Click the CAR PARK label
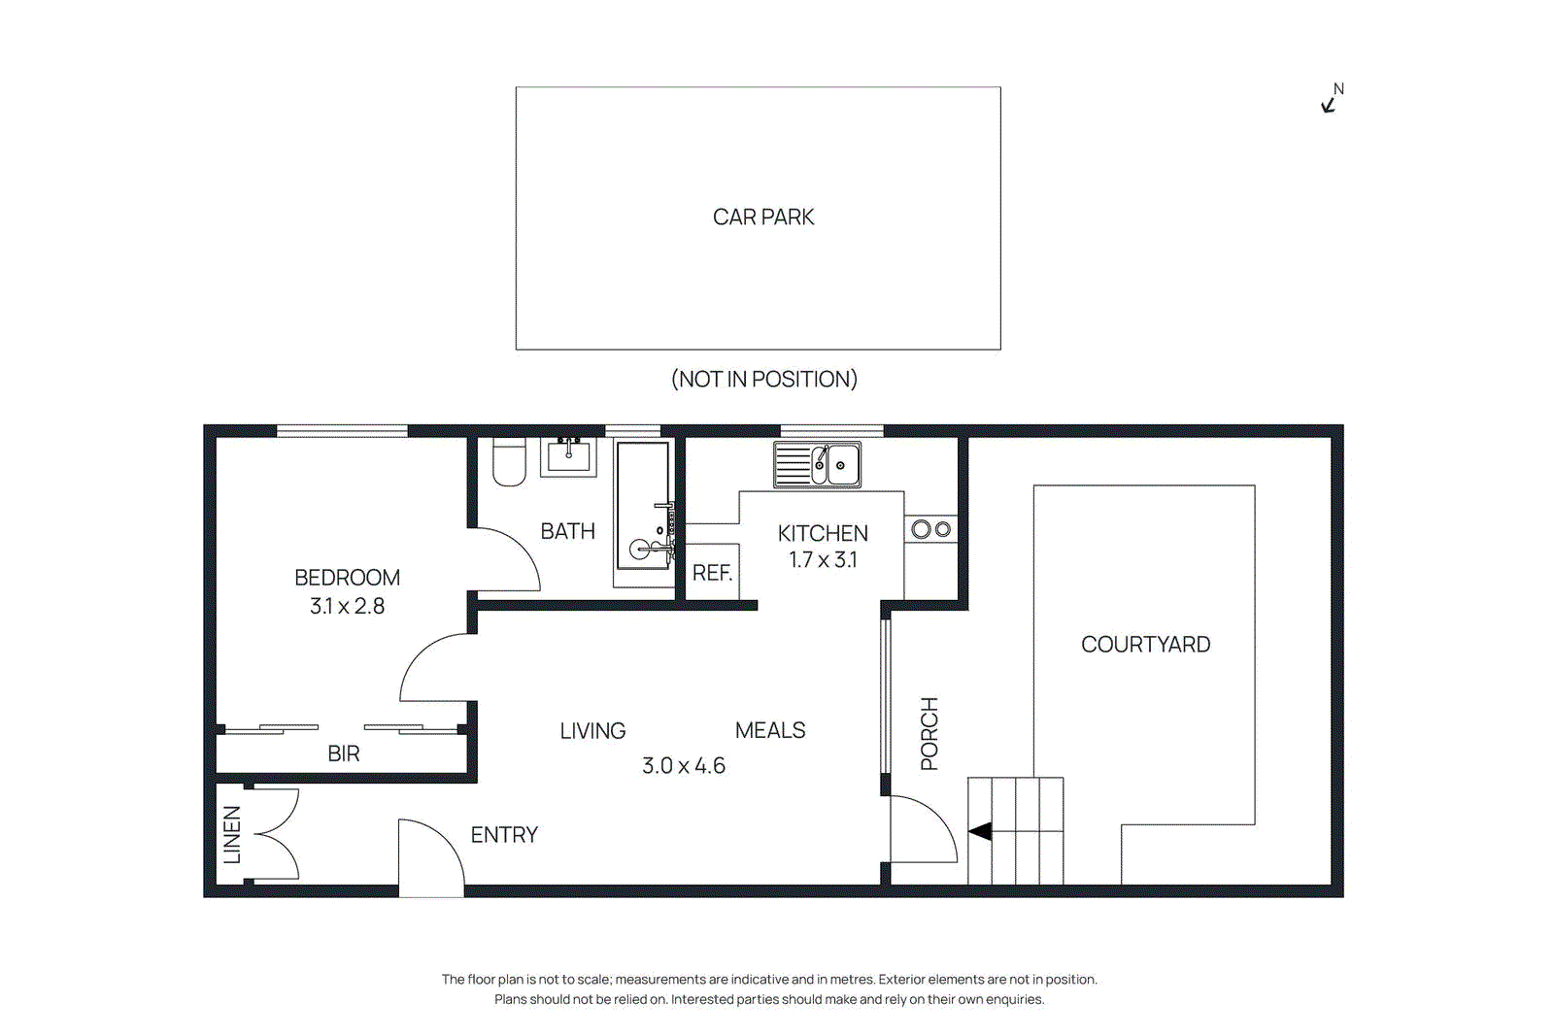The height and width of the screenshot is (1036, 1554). click(763, 217)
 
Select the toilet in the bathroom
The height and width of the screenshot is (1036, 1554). click(509, 462)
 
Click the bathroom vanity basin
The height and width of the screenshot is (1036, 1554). click(568, 455)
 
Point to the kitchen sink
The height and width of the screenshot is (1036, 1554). click(817, 465)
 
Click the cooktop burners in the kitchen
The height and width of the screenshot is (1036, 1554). click(930, 529)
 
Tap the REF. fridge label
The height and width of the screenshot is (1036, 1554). click(712, 573)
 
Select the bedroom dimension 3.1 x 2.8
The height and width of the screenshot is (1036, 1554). click(347, 606)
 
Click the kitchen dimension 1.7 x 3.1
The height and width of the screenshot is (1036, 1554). click(823, 560)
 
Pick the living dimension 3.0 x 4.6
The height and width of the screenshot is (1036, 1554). click(683, 766)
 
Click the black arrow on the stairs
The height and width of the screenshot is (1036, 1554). click(980, 831)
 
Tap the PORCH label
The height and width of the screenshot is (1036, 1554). click(929, 734)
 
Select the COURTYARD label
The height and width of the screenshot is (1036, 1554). click(1145, 645)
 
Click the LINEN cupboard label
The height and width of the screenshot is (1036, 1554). click(232, 834)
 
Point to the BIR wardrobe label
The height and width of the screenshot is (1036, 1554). click(344, 753)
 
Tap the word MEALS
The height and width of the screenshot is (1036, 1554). click(770, 730)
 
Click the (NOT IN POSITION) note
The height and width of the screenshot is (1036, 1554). click(763, 380)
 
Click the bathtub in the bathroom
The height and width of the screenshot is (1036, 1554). click(643, 505)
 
